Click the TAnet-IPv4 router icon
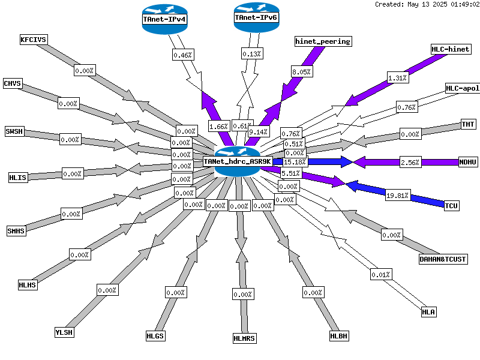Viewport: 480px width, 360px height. coord(164,19)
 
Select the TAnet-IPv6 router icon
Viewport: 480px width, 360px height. coord(257,17)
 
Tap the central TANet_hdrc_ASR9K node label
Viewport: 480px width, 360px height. coord(238,161)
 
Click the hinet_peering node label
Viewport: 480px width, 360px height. coord(323,41)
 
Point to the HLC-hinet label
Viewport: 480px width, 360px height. coord(451,49)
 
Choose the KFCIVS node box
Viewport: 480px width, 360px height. coord(34,40)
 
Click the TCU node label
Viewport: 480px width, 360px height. coord(451,206)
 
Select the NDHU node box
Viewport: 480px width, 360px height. coord(468,162)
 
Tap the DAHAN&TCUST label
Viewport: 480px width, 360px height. coord(443,259)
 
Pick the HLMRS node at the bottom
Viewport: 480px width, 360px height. coord(244,338)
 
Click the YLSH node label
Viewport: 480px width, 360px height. coord(64,332)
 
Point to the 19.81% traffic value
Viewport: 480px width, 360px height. coord(398,196)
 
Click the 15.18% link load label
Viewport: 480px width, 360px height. coord(295,161)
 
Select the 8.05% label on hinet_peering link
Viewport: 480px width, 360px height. coord(302,71)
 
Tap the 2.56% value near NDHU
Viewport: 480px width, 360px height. coord(410,162)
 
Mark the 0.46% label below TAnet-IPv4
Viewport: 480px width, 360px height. coord(183,55)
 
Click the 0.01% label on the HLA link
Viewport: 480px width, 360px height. coord(381,275)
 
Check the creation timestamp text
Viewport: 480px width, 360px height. coord(427,4)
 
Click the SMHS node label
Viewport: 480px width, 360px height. coord(16,231)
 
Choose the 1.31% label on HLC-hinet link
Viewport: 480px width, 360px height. coord(398,78)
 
